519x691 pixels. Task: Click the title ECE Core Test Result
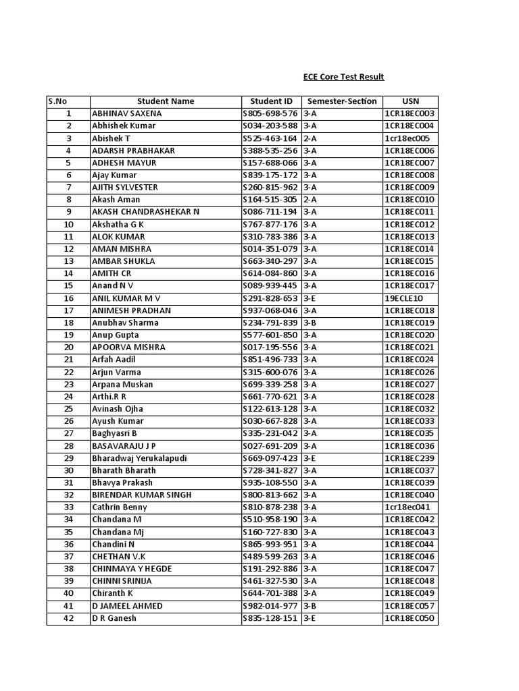(343, 77)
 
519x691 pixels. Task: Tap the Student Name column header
(166, 101)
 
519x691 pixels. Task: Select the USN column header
(410, 101)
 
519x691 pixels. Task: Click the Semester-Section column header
(342, 101)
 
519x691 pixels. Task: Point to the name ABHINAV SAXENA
(126, 113)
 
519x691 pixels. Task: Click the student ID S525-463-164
(270, 138)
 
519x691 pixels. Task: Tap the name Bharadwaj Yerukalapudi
(139, 458)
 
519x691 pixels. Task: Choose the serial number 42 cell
(68, 618)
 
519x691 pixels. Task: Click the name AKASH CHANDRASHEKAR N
(145, 212)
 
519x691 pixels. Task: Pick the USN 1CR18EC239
(410, 458)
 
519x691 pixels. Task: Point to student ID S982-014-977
(270, 606)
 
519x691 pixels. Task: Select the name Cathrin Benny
(119, 507)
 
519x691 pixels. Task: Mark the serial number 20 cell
(68, 348)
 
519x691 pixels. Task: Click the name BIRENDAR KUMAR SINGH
(141, 495)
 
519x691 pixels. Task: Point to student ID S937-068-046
(270, 310)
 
